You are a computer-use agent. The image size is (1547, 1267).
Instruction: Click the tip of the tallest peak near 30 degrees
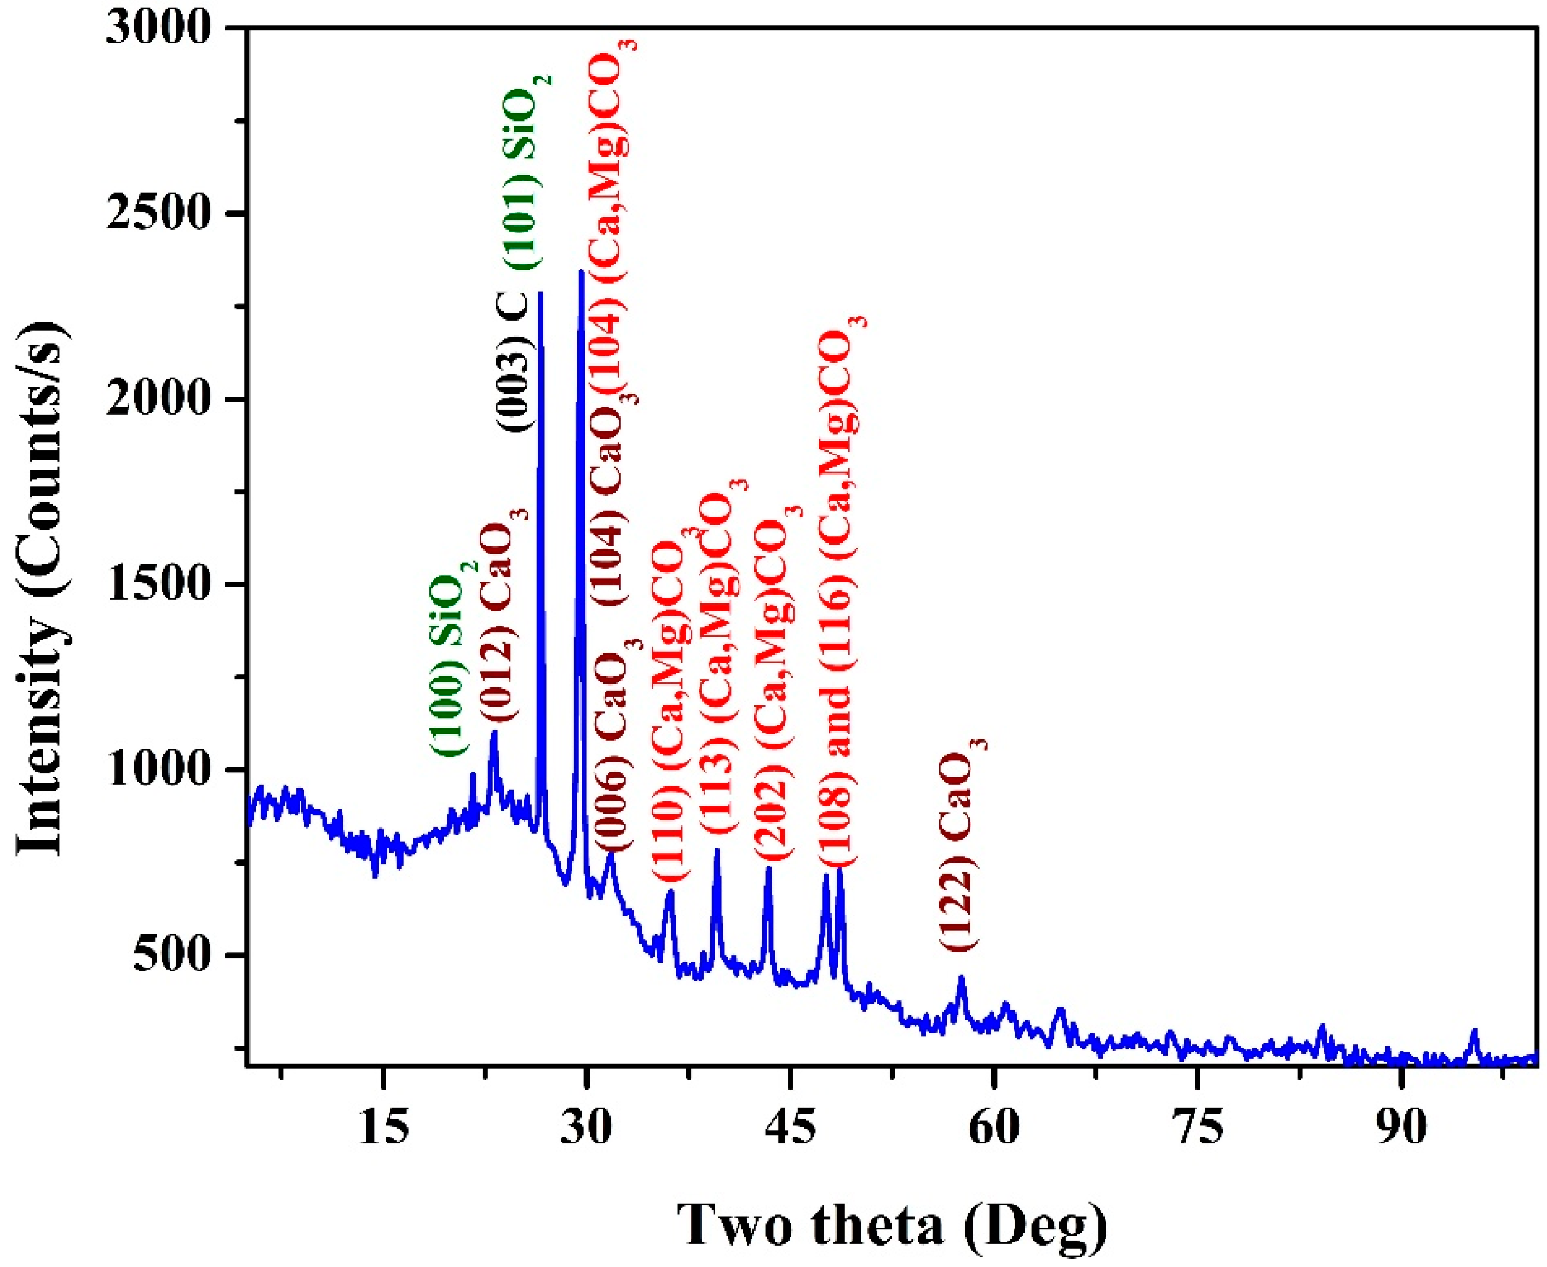point(581,272)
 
